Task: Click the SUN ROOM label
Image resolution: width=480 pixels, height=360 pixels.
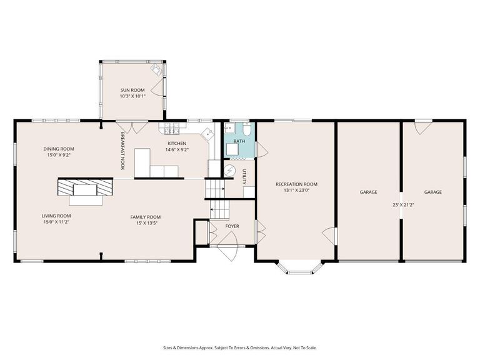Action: (132, 90)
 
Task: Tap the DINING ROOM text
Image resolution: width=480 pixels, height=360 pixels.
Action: (59, 149)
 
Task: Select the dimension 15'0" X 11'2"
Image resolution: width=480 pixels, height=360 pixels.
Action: (56, 221)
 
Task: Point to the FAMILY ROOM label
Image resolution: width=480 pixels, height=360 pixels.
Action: (145, 217)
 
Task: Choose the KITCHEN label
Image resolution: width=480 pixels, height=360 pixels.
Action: (176, 143)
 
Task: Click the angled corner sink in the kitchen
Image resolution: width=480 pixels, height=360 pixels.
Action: (208, 133)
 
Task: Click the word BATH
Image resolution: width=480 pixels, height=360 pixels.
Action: (239, 142)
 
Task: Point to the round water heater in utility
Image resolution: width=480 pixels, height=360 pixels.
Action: (231, 172)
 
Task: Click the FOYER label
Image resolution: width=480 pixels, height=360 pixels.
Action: (232, 226)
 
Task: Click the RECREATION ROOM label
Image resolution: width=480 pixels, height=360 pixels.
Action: (296, 184)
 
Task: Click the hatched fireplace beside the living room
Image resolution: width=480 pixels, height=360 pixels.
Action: (85, 187)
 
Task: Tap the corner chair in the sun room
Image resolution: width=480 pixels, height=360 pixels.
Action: (156, 69)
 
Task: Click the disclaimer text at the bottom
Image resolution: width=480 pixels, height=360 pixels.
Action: (240, 347)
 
